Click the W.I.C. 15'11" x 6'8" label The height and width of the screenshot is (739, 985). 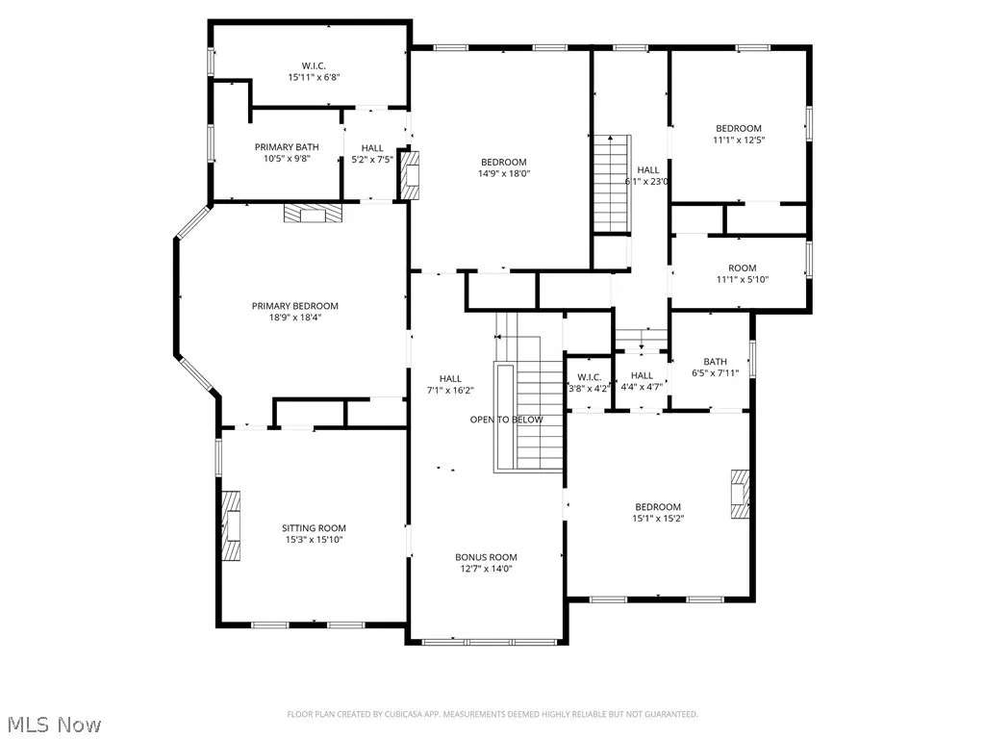tap(314, 71)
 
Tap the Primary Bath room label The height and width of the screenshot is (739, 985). tap(287, 153)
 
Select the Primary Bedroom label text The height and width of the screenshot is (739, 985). tap(294, 312)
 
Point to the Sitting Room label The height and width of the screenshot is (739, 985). tap(314, 533)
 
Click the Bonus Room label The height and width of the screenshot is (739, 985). tap(486, 562)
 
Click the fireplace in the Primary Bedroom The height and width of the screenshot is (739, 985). tap(313, 213)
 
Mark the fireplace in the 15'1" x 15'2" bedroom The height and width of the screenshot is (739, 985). tap(740, 494)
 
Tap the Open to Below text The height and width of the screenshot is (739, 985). tap(506, 420)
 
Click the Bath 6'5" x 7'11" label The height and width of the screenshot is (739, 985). tap(715, 367)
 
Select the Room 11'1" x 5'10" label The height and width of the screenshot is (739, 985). tap(742, 273)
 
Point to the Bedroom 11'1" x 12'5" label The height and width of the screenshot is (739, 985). tap(738, 134)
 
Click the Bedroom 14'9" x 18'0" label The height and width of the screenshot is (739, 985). tap(504, 167)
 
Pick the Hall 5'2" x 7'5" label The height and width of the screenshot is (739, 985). tap(372, 154)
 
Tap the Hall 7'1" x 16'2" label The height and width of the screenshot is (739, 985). tap(450, 384)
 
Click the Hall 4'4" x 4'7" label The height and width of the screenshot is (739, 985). tap(642, 381)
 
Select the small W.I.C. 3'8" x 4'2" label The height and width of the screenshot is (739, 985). tap(589, 383)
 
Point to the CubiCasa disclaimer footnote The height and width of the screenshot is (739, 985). tap(492, 714)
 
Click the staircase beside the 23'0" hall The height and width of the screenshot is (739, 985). tap(613, 184)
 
